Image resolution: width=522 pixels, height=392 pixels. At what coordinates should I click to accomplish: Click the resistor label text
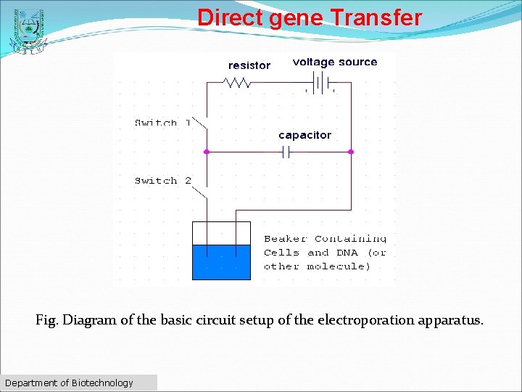click(249, 65)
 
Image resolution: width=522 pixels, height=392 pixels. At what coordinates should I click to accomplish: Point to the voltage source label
click(335, 62)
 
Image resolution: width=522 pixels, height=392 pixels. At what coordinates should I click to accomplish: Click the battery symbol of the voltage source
click(320, 82)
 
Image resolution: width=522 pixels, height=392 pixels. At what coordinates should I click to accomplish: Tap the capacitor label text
click(304, 135)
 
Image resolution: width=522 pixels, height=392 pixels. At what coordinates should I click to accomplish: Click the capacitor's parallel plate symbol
click(286, 152)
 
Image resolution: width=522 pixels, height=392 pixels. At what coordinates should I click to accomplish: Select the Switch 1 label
click(162, 123)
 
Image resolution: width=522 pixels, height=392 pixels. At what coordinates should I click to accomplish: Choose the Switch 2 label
click(162, 180)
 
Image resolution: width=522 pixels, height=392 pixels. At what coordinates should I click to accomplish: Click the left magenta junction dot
click(207, 152)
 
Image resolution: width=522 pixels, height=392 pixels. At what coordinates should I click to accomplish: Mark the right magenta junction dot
click(351, 152)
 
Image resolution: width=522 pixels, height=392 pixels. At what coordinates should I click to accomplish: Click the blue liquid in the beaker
click(221, 262)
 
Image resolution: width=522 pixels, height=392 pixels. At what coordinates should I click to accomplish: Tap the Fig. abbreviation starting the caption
click(47, 320)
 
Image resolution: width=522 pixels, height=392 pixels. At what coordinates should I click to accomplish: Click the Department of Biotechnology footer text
click(70, 383)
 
